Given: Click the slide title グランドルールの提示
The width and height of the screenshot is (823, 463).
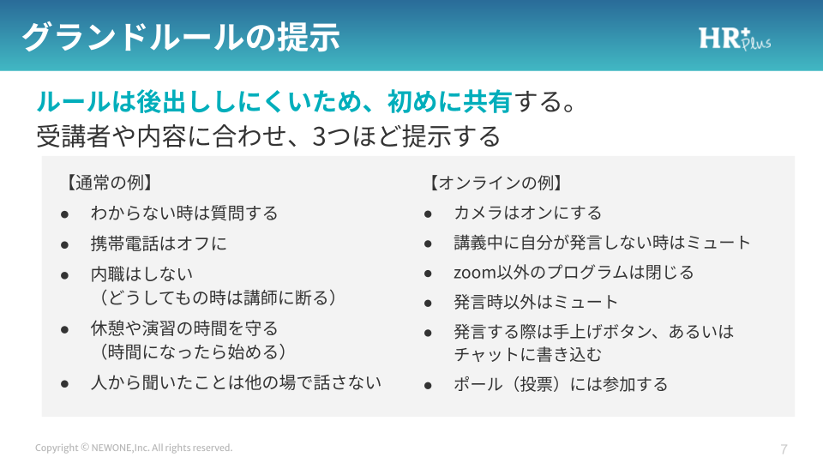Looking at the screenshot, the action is point(181,37).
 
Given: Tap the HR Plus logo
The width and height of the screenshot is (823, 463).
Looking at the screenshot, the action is point(735,39).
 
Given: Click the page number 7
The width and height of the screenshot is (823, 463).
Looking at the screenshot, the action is point(784,448).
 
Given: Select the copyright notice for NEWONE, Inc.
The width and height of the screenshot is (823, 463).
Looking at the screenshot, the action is point(134,448).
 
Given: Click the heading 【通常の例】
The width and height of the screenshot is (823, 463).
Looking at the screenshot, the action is point(109,183).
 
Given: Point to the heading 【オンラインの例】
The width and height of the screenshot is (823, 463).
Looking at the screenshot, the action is point(496,183).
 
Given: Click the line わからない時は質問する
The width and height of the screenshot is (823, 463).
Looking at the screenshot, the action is point(184,213).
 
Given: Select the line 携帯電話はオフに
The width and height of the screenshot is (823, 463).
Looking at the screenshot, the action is point(159,244).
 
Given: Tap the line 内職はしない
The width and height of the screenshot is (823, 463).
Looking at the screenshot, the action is point(141,274).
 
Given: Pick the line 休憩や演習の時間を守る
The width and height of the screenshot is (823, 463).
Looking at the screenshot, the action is point(184,328).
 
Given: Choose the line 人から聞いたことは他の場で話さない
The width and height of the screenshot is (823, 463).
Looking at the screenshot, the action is point(236,382).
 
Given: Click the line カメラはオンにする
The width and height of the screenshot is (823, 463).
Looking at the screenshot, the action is point(527,213).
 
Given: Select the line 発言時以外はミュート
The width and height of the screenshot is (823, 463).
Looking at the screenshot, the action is point(535,302).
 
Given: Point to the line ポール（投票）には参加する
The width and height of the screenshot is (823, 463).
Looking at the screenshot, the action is point(561,384).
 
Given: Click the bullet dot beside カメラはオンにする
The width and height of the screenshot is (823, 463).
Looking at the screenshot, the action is point(428,214).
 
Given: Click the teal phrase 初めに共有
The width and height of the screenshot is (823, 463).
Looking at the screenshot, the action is point(449,101).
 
